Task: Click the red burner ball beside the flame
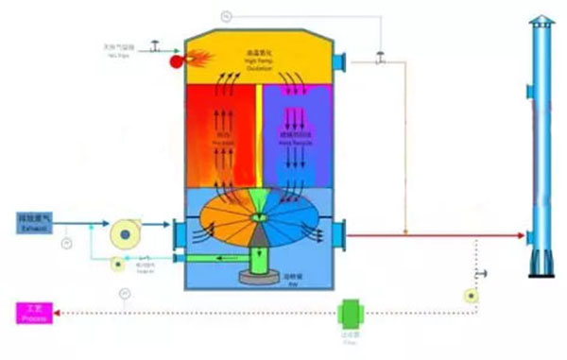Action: point(176,61)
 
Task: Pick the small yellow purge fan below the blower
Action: point(117,264)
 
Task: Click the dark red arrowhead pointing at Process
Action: point(51,313)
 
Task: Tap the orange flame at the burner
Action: point(193,58)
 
